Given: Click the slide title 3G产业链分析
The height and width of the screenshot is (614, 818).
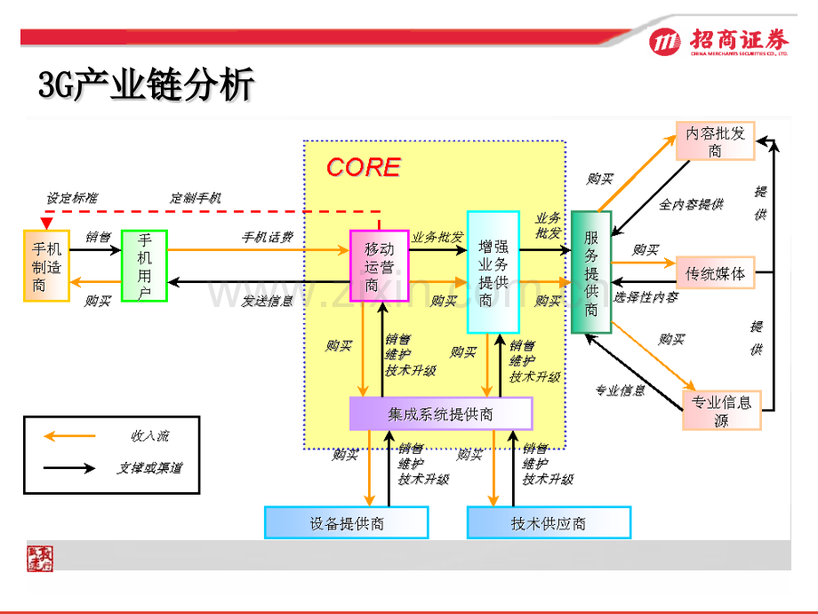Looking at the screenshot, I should [147, 86].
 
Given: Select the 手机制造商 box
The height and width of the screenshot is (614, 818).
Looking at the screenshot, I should [45, 265].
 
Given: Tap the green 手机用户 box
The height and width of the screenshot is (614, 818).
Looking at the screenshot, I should [144, 265].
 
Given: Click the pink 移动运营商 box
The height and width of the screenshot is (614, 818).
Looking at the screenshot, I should [379, 266].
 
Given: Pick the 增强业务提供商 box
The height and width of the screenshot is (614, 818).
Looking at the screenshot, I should [493, 271].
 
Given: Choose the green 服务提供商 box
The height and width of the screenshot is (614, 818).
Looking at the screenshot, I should [591, 272].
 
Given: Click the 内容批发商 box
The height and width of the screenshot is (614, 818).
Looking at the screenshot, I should [715, 141].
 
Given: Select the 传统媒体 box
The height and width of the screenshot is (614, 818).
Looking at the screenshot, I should [715, 272].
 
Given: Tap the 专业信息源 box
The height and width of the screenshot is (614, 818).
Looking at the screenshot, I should [721, 409].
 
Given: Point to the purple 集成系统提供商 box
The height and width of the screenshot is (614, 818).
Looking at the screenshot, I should [441, 413].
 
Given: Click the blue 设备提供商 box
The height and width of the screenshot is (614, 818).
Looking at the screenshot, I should [347, 522].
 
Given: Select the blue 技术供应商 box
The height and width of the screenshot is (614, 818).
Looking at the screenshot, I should [549, 522].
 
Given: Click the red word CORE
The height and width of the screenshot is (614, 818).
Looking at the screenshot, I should [363, 167].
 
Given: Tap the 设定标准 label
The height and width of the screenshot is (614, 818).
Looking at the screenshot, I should [73, 198].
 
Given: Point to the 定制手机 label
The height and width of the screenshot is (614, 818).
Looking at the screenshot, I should [196, 198].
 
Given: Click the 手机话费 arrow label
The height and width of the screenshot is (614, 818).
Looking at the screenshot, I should [268, 238].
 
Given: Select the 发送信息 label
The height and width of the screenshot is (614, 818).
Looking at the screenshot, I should [268, 301].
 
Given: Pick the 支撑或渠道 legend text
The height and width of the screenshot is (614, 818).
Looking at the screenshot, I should [149, 467].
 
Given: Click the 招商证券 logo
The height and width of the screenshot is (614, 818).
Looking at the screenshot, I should [718, 42].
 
